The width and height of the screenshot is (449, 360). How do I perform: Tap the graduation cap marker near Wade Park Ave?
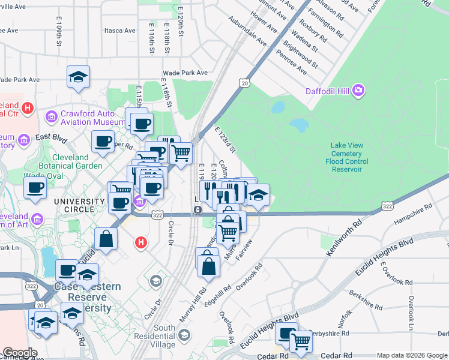pyautogui.click(x=78, y=77)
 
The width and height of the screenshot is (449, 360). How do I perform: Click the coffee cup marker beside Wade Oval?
pyautogui.click(x=35, y=188)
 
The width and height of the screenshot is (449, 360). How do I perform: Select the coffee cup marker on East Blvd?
pyautogui.click(x=103, y=142)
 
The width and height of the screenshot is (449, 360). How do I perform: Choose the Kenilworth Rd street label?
pyautogui.click(x=343, y=238)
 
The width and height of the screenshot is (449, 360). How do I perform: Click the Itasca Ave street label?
pyautogui.click(x=119, y=31)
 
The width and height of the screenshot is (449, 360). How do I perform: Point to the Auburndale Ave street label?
pyautogui.click(x=247, y=31)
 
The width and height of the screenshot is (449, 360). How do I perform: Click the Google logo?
pyautogui.click(x=20, y=353)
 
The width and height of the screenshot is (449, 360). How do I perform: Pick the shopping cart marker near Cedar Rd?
pyautogui.click(x=301, y=341)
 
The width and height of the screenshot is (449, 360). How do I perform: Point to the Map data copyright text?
pyautogui.click(x=411, y=355)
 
